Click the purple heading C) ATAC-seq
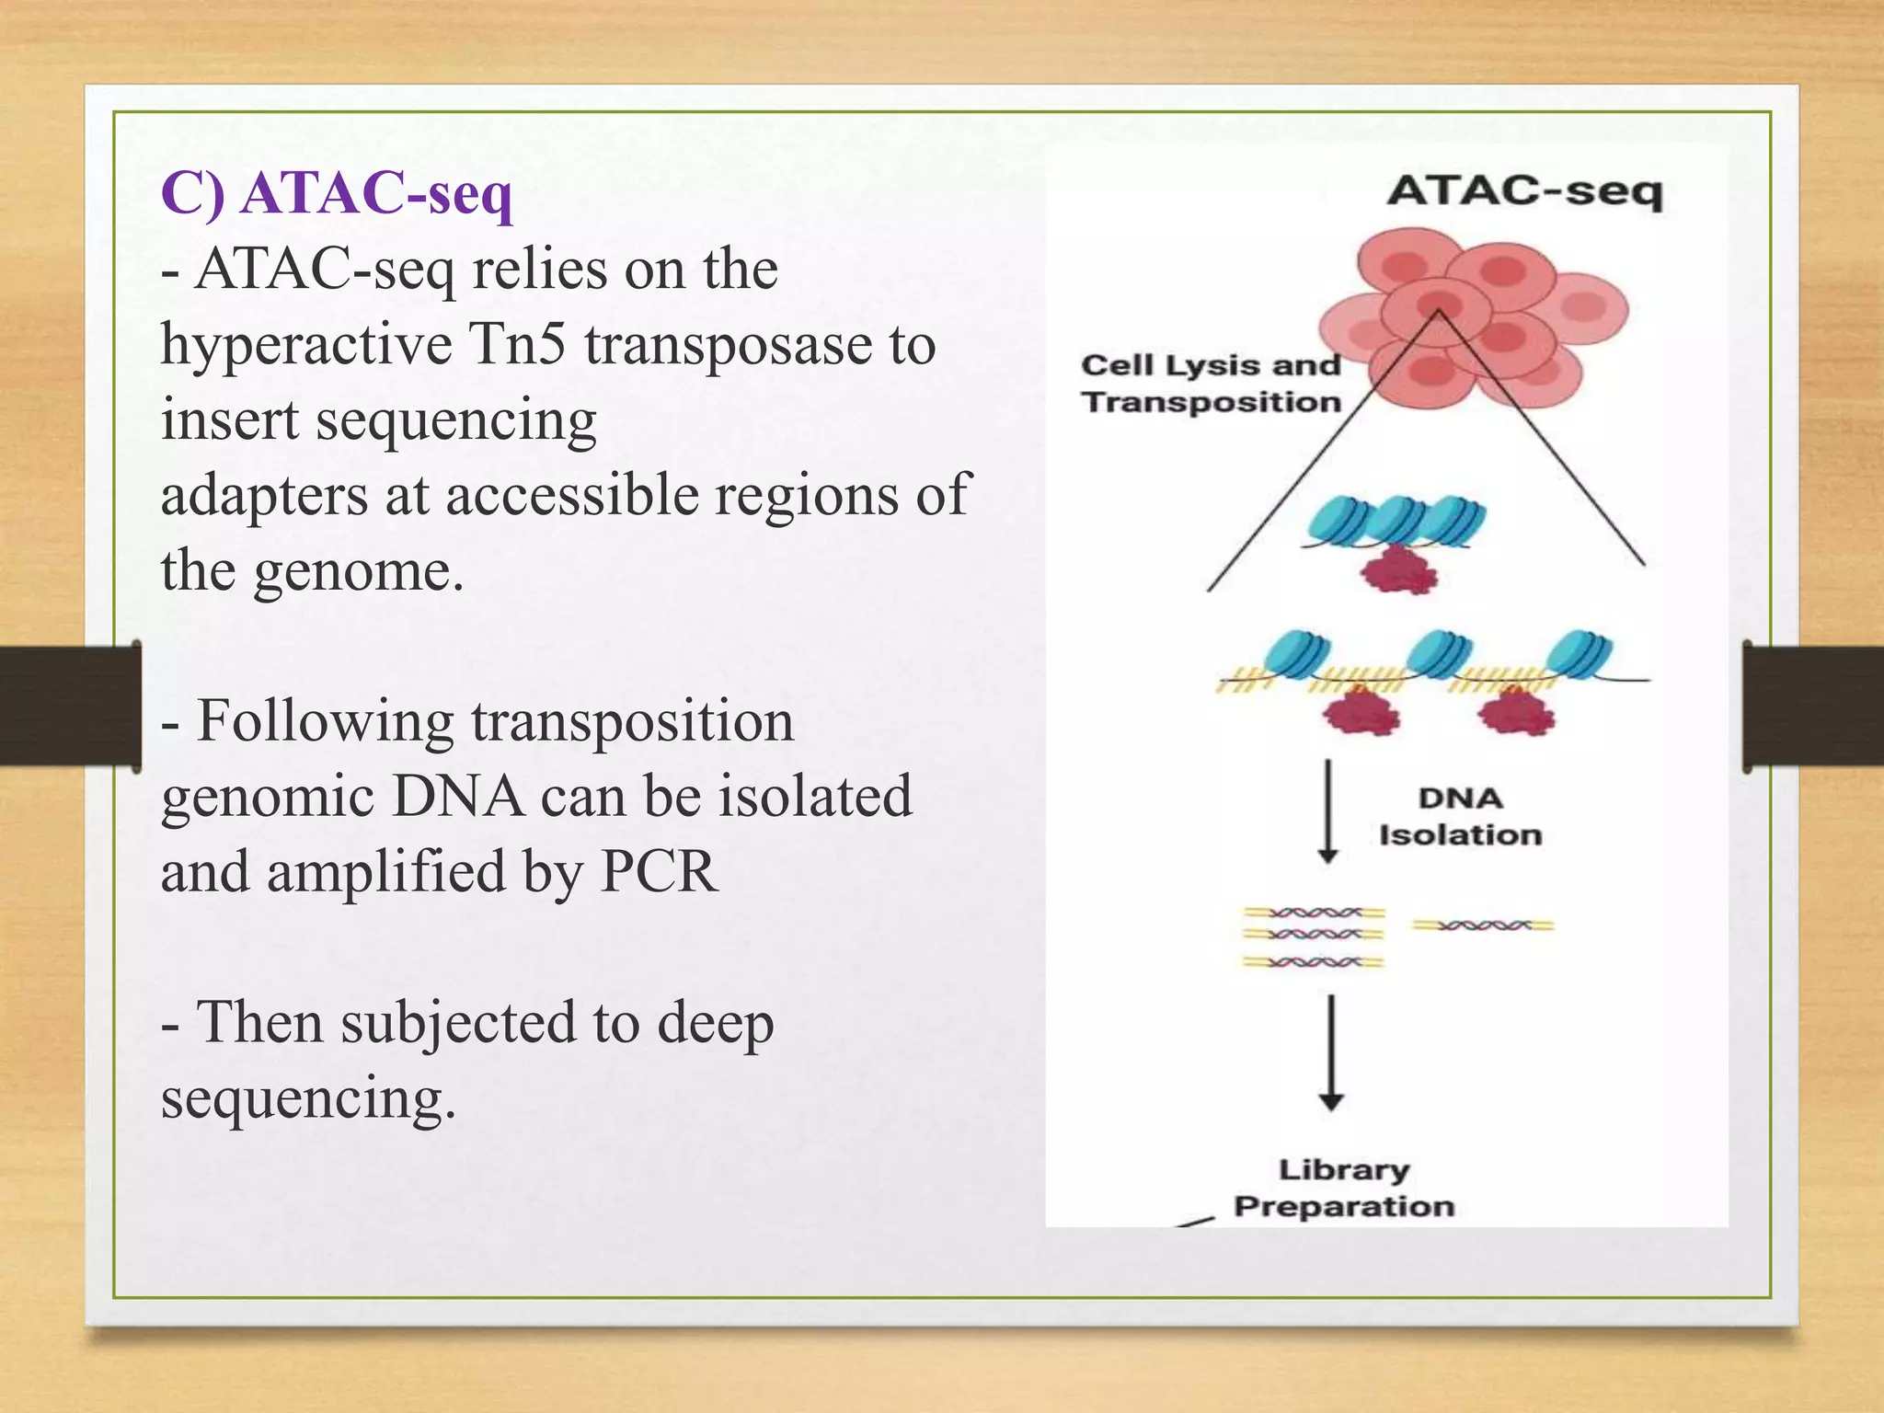coord(337,194)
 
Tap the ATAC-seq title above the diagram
coord(1524,191)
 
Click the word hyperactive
coord(306,344)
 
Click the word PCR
coord(658,871)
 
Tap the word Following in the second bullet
coord(325,720)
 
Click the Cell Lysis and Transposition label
coord(1211,384)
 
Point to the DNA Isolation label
coord(1460,816)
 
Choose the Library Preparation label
coord(1344,1188)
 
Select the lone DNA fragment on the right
coord(1483,925)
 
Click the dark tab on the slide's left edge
coord(70,706)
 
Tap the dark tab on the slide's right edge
coord(1812,706)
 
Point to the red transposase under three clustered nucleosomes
coord(1398,570)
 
